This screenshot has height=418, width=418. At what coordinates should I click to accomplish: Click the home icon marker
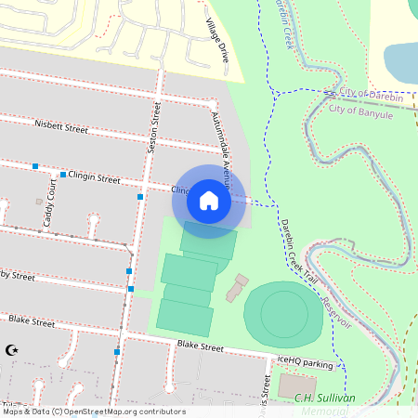coord(209,200)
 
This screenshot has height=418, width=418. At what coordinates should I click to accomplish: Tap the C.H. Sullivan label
coord(325,398)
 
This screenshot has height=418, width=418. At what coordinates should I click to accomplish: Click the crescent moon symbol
coord(12,350)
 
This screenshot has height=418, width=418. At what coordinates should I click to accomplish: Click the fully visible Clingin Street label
coord(97,177)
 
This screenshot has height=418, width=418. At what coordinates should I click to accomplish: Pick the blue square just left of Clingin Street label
coord(62,175)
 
